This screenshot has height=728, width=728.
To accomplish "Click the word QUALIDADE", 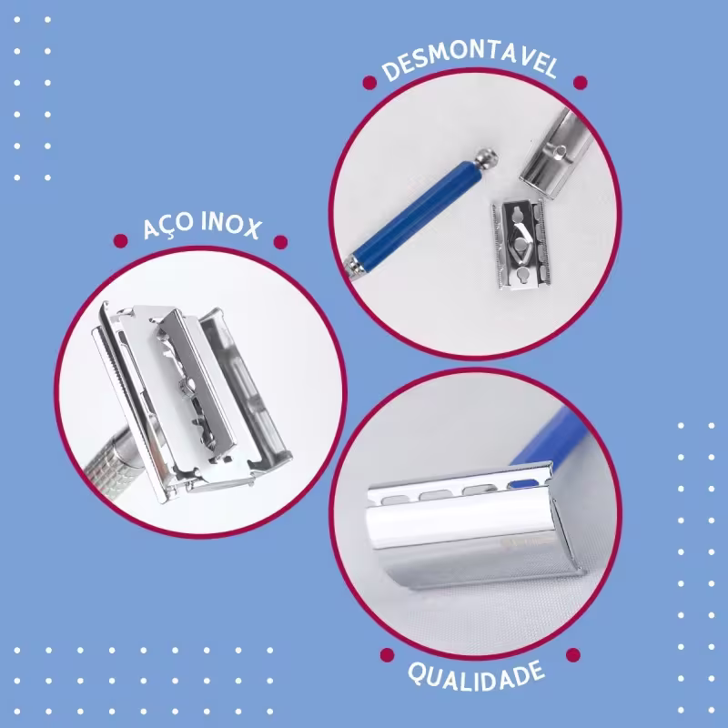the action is pos(476,676).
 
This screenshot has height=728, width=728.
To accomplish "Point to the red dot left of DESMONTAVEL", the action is pos(369,83).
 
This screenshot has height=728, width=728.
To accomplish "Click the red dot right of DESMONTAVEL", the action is pos(581,83).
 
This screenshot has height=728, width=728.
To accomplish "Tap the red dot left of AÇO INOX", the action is pos(120,241).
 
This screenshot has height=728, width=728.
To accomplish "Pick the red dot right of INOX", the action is pos(280,242).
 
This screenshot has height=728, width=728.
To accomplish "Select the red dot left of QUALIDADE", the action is pos(388,654).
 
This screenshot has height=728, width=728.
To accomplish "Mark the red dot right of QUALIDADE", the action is pos(573,654).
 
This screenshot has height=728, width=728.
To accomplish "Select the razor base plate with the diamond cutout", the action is pos(521,245).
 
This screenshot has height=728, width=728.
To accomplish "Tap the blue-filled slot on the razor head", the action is pos(523,484).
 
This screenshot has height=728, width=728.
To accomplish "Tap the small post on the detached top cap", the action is pos(560,151).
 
